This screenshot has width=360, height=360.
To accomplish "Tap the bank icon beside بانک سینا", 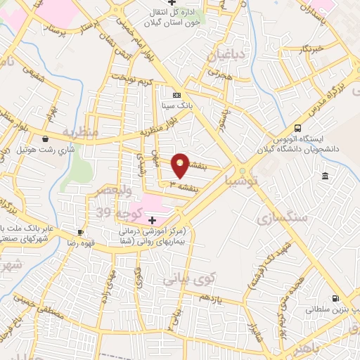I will [176, 95].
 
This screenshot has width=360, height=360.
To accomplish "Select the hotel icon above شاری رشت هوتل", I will [46, 139].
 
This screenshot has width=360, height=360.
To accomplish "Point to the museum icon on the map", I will [324, 175].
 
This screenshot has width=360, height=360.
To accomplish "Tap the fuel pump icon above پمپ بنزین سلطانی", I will [335, 298].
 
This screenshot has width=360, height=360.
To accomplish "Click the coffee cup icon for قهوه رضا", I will [81, 231].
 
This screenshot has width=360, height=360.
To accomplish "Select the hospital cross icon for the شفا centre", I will [152, 220].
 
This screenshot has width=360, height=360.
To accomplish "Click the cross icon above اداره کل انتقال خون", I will [182, 3].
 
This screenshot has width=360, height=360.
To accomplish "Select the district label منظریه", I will [77, 131].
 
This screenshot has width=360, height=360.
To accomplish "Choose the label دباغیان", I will [227, 53].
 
